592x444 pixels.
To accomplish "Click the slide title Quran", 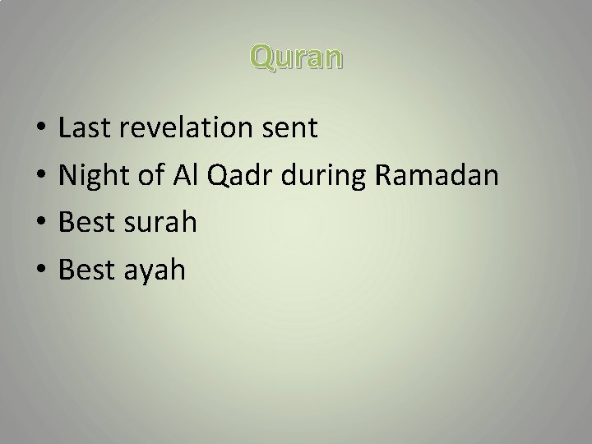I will coord(297,58).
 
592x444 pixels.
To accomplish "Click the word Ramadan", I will coord(436,175).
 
